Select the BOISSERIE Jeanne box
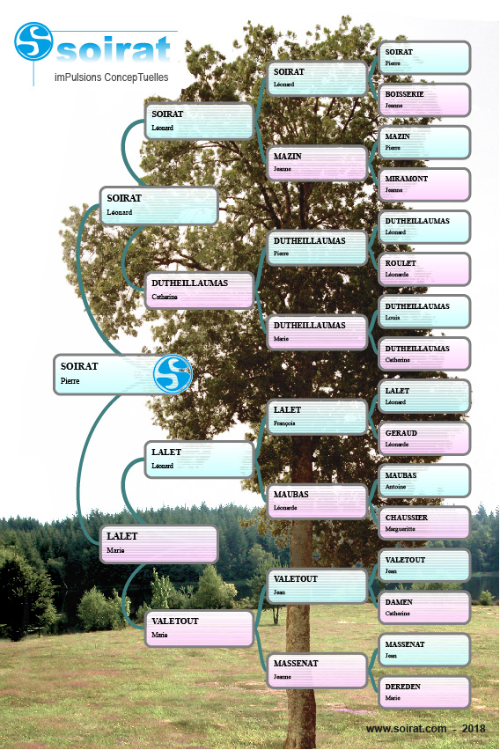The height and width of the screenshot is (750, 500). pos(424,100)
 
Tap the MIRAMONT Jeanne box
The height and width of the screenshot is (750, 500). pos(424,185)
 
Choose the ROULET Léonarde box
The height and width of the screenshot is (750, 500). pos(424,269)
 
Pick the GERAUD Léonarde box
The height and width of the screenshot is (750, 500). pos(424,438)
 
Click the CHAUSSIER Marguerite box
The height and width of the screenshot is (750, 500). pos(424,523)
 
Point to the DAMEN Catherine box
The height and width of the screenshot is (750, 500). pos(424,608)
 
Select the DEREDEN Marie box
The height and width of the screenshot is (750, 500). pos(424,692)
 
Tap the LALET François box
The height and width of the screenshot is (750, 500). pos(317,416)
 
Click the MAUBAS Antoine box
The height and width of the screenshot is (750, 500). pos(424,481)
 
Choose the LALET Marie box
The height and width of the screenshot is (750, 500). pos(158,544)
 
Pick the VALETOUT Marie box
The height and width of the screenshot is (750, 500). pos(199,629)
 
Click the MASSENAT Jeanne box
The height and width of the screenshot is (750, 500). pos(317,671)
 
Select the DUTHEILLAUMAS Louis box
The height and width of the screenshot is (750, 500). pos(424,312)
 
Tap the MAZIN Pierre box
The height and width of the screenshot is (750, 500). pos(424,143)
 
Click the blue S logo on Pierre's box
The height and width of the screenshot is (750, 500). pos(173,374)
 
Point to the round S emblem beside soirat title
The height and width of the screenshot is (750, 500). pos(33,41)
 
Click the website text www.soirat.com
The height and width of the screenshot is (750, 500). pos(406,729)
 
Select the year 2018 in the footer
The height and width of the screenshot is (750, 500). pos(474,729)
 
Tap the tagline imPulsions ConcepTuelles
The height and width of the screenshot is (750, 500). pos(112,77)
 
